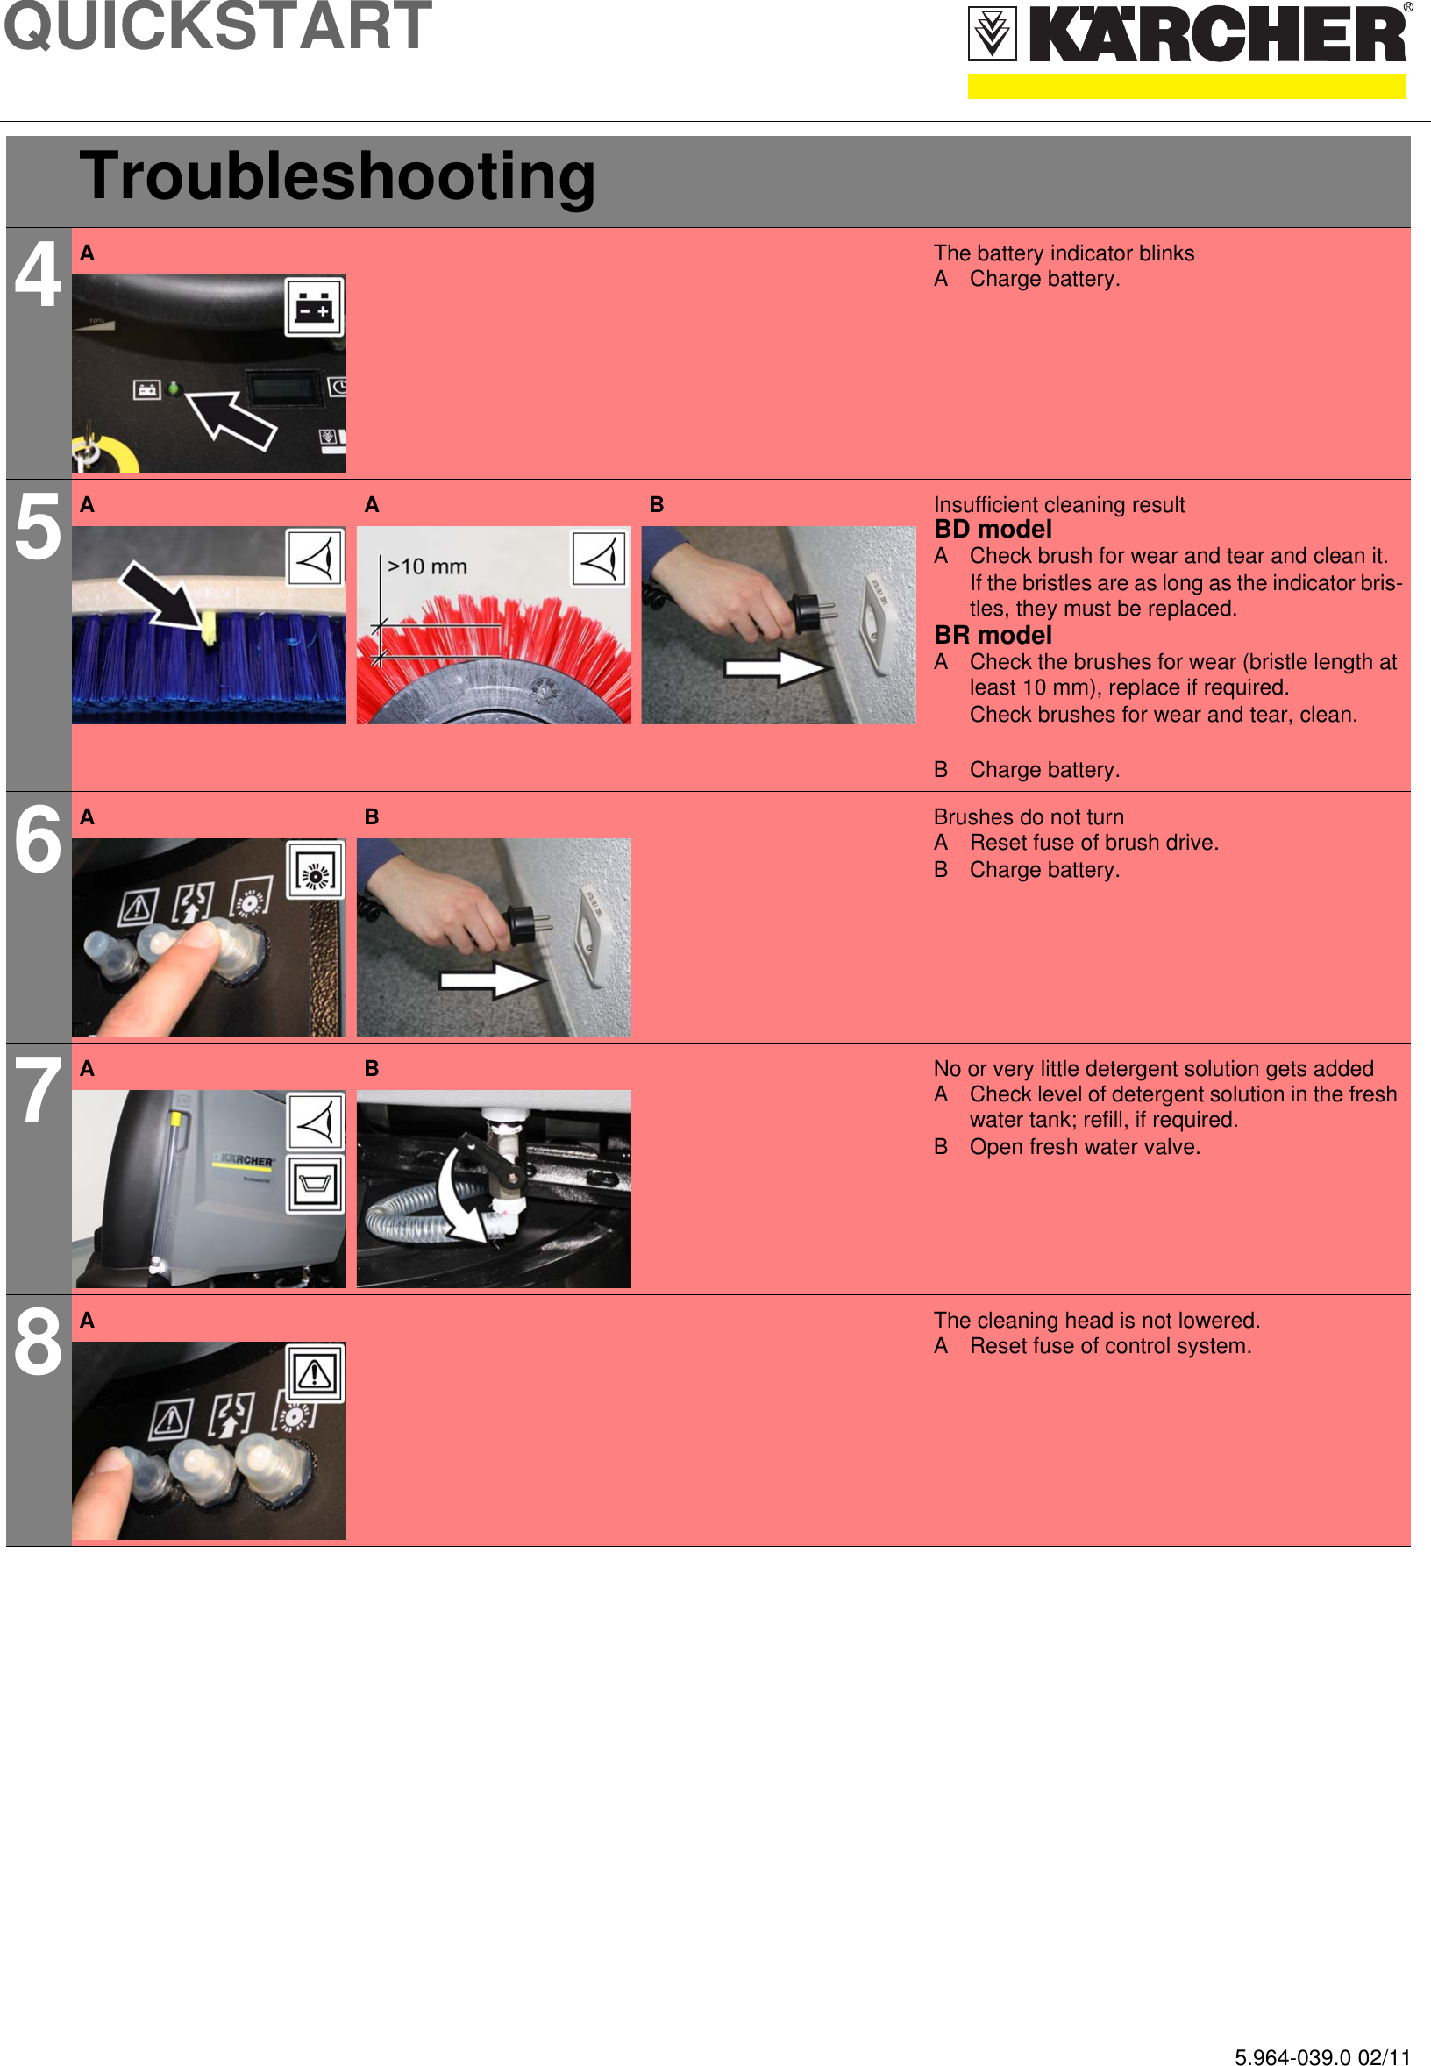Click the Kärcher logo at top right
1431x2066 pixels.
[1187, 36]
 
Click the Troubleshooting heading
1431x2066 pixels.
[337, 175]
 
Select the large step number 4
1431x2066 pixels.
[38, 274]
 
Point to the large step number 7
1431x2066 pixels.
[38, 1091]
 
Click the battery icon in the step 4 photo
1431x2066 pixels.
[314, 307]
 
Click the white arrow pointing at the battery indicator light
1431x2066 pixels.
[231, 418]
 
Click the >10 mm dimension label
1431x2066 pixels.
[427, 566]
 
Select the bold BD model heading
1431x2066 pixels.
[993, 529]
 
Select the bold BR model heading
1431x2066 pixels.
[993, 635]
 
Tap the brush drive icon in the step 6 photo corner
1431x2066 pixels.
[315, 870]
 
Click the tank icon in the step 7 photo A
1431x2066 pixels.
[315, 1184]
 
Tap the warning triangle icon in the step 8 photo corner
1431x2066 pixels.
[315, 1373]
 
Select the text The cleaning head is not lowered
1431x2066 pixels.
[1096, 1320]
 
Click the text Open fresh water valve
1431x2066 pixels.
[1084, 1147]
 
